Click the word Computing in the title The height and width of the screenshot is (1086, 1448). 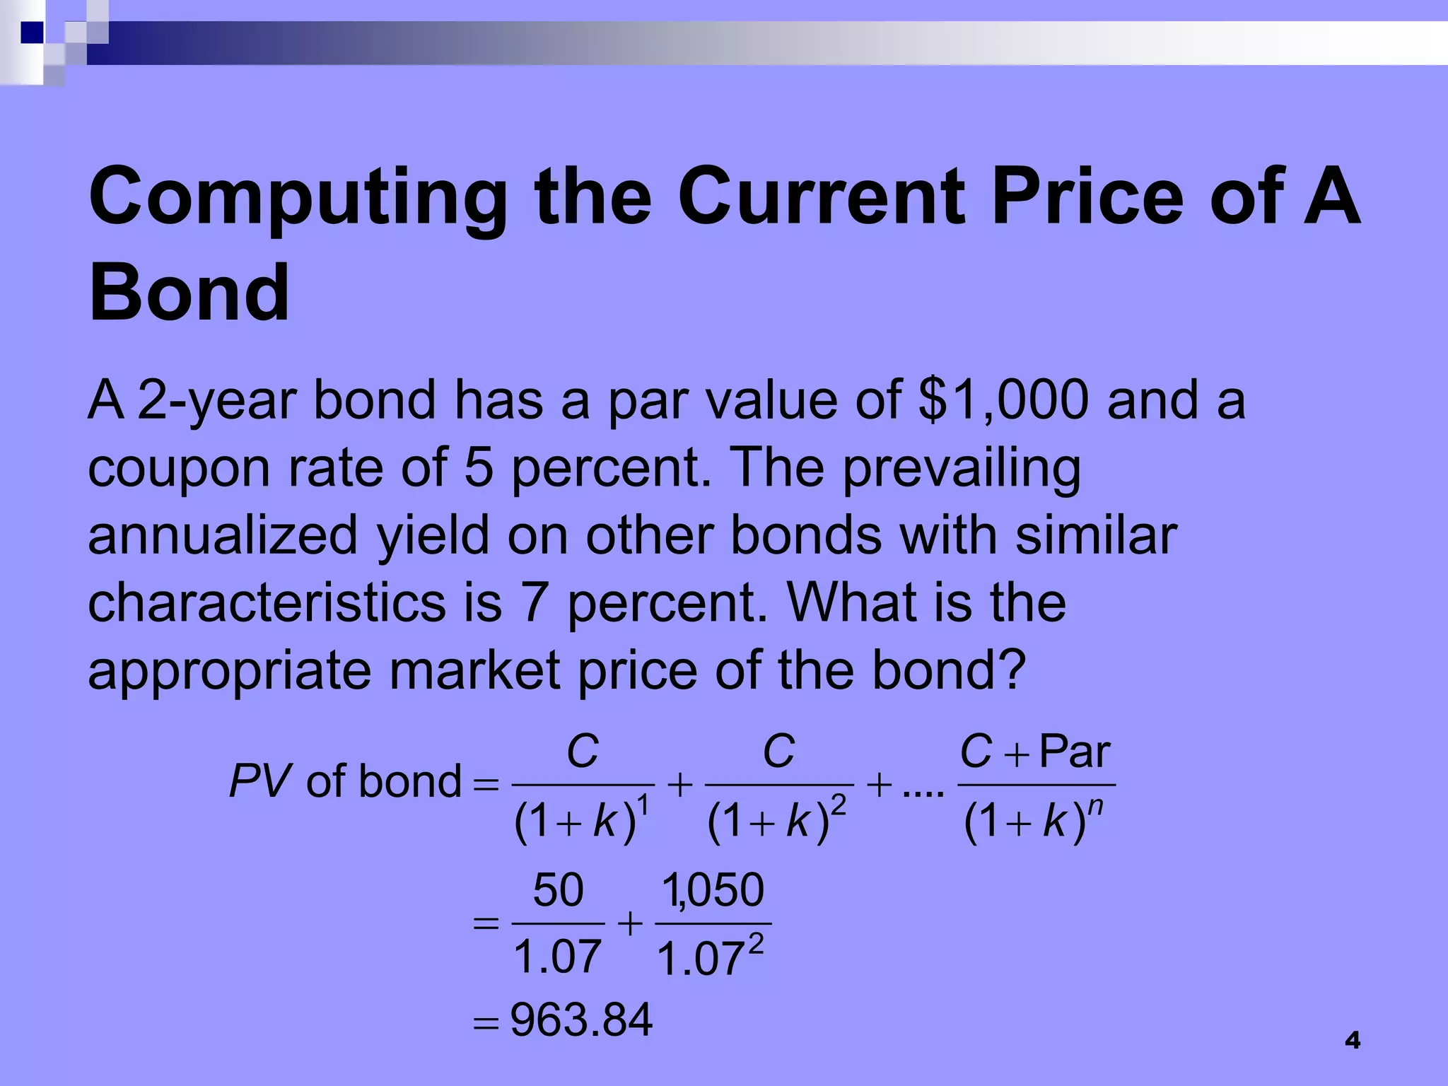(x=297, y=198)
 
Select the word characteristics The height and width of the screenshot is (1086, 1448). (x=267, y=602)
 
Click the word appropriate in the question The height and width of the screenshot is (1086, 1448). (x=229, y=670)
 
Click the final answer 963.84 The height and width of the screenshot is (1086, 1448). (x=581, y=1020)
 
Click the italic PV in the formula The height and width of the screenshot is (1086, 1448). (x=259, y=782)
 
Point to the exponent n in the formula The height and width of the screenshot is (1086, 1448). (x=1095, y=807)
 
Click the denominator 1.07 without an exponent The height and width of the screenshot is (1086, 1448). (x=557, y=957)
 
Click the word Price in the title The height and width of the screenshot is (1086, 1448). (x=1087, y=198)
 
